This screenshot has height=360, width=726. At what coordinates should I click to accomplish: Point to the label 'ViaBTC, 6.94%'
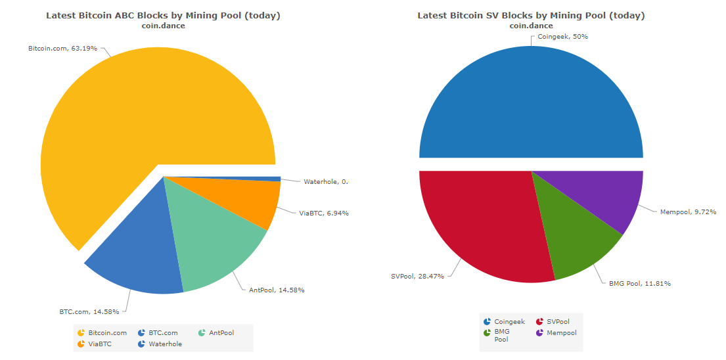click(x=324, y=213)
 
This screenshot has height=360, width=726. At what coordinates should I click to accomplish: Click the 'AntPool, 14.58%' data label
click(x=276, y=290)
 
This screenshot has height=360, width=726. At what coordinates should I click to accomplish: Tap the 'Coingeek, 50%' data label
click(x=562, y=37)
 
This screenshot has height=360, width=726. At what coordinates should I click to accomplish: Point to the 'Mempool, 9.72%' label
click(x=688, y=212)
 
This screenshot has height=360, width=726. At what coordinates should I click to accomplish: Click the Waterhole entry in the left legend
click(x=165, y=344)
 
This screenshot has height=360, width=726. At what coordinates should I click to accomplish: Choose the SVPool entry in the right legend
click(x=558, y=322)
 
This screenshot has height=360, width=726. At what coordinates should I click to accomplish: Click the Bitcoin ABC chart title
click(x=163, y=15)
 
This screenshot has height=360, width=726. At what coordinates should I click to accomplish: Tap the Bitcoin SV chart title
click(x=531, y=15)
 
